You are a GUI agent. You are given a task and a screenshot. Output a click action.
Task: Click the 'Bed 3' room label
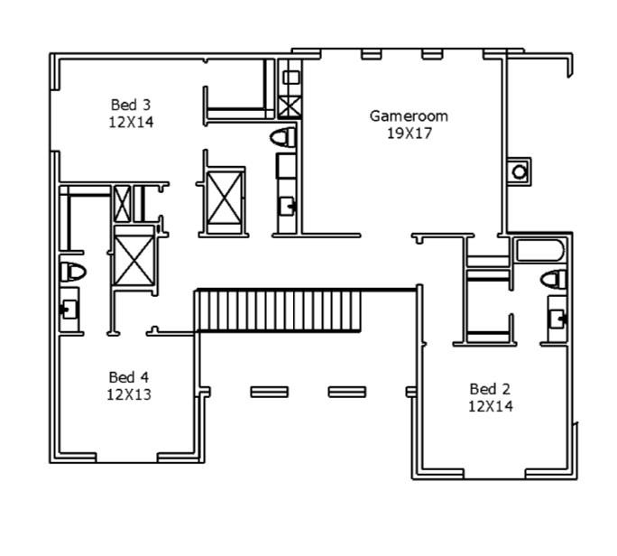pyautogui.click(x=132, y=104)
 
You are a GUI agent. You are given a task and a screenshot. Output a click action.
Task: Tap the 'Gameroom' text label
pyautogui.click(x=409, y=116)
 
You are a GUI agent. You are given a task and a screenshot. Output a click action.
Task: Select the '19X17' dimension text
pyautogui.click(x=409, y=132)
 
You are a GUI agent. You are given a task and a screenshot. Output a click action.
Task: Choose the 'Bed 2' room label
pyautogui.click(x=490, y=389)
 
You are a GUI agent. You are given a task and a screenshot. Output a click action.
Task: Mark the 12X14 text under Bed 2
pyautogui.click(x=490, y=406)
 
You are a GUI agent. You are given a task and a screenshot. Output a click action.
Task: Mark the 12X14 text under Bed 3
pyautogui.click(x=132, y=121)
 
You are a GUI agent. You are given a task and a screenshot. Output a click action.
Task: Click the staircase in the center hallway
pyautogui.click(x=279, y=310)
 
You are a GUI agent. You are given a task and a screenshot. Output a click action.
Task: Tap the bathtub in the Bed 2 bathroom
pyautogui.click(x=539, y=250)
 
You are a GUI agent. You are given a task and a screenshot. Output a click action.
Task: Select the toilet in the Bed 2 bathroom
pyautogui.click(x=554, y=280)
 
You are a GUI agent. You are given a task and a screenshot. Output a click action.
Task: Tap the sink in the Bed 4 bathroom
pyautogui.click(x=69, y=310)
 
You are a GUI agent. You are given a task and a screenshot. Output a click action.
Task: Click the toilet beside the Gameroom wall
pyautogui.click(x=284, y=137)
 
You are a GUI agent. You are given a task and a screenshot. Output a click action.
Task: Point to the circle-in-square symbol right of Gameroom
pyautogui.click(x=520, y=170)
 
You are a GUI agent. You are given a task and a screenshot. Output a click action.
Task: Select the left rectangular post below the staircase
pyautogui.click(x=269, y=392)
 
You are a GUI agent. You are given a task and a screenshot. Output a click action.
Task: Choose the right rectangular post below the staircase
pyautogui.click(x=346, y=392)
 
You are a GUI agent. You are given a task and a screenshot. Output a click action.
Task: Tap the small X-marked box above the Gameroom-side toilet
pyautogui.click(x=290, y=104)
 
